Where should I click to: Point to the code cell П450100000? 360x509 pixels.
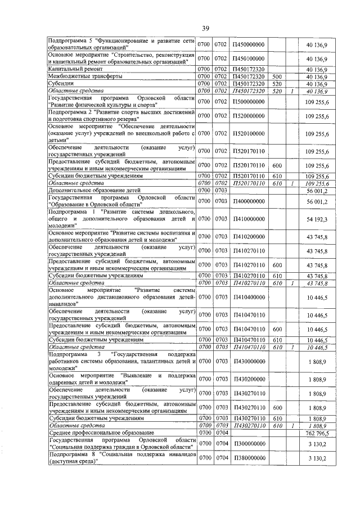point(248,58)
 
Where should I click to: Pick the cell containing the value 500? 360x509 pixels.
point(276,76)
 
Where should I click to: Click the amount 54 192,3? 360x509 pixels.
point(318,219)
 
